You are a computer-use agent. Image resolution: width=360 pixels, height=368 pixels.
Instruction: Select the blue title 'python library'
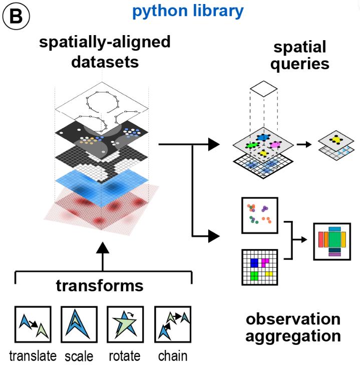coord(188,11)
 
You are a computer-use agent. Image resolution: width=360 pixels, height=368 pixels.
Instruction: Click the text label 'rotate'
coord(124,356)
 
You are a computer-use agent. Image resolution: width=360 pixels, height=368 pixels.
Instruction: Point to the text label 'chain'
coord(172,356)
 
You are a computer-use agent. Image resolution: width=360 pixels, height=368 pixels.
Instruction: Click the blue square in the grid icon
coord(254,263)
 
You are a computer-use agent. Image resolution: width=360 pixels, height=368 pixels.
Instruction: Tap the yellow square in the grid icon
coord(269,274)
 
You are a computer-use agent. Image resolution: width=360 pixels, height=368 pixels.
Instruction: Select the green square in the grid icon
coord(254,275)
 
